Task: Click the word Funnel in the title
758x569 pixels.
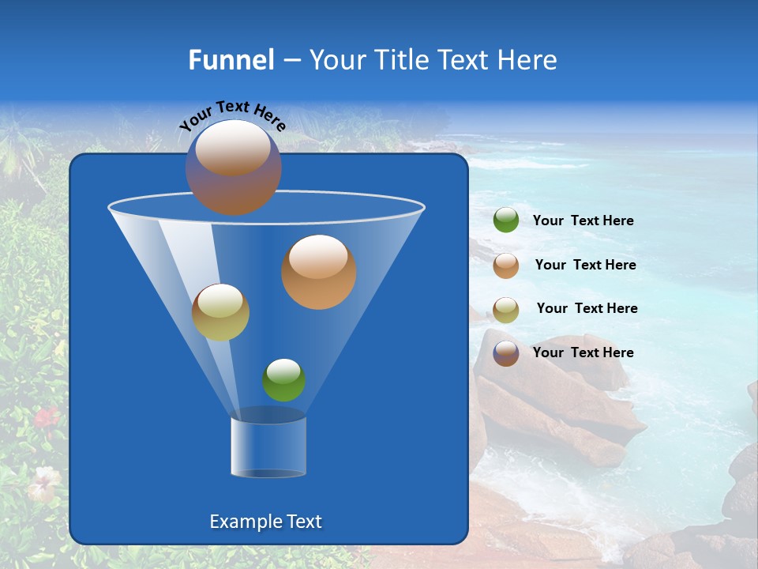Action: coord(231,60)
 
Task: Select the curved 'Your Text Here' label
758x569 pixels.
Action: coord(232,116)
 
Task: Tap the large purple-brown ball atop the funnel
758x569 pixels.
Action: coord(233,168)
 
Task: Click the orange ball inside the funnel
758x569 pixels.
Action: coord(319,272)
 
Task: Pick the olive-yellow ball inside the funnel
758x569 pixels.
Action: coord(220,312)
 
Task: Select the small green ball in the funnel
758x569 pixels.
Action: coord(283,380)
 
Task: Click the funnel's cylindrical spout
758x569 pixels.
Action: coord(268,447)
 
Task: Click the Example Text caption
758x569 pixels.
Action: coord(266,522)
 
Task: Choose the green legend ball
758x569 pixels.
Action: coord(506,220)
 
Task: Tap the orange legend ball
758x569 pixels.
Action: coord(506,266)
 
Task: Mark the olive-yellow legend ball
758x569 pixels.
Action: coord(506,310)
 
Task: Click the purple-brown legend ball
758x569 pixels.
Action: coord(506,353)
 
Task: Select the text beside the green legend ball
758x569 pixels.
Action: coord(583,221)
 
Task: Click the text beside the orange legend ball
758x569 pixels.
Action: coord(585,266)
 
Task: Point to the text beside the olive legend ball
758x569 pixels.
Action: coord(587,309)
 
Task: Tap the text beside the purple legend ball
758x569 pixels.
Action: coord(583,352)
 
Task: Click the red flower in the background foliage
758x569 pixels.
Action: coord(47,416)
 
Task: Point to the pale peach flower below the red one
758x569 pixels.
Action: coord(43,482)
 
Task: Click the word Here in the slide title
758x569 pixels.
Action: coord(528,60)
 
